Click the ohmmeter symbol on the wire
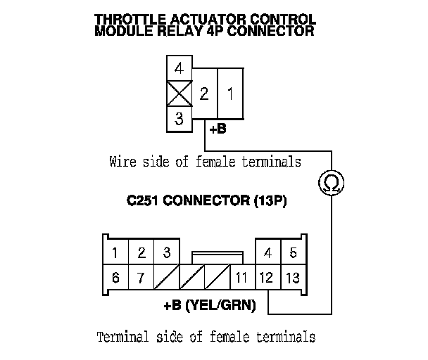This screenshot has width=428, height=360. pyautogui.click(x=329, y=184)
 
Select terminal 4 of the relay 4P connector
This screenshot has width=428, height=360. pyautogui.click(x=180, y=70)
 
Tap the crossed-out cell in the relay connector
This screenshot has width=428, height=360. pyautogui.click(x=180, y=94)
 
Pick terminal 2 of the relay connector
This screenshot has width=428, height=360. pyautogui.click(x=204, y=93)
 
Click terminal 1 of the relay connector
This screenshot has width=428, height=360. pyautogui.click(x=230, y=93)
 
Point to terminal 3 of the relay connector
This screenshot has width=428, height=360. pyautogui.click(x=180, y=119)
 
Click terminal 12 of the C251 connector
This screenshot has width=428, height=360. pyautogui.click(x=267, y=278)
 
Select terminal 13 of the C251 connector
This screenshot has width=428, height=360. pyautogui.click(x=292, y=278)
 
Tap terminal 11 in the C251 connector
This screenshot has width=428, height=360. pyautogui.click(x=241, y=278)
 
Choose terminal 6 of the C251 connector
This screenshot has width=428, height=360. pyautogui.click(x=115, y=278)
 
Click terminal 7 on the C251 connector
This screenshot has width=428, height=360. pyautogui.click(x=141, y=278)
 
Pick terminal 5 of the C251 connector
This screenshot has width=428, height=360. pyautogui.click(x=293, y=252)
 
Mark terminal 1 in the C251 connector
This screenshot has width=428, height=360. pyautogui.click(x=115, y=252)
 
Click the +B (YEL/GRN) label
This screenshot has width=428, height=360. pyautogui.click(x=209, y=306)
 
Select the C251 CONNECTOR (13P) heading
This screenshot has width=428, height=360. pyautogui.click(x=207, y=201)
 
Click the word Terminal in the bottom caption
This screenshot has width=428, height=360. pyautogui.click(x=121, y=336)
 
